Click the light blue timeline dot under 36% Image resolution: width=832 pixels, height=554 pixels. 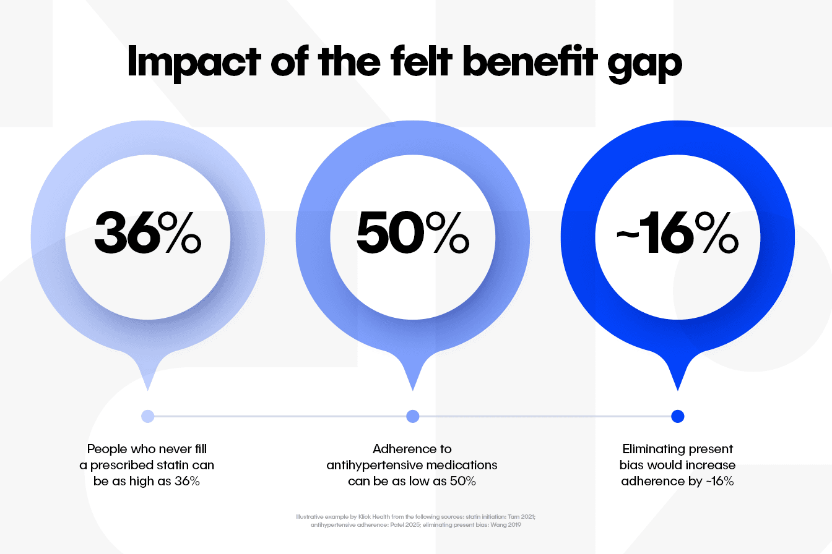(x=147, y=416)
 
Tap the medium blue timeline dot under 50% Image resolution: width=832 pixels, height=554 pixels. (x=412, y=416)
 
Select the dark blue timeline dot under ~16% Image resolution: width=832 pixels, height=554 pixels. (x=677, y=416)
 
